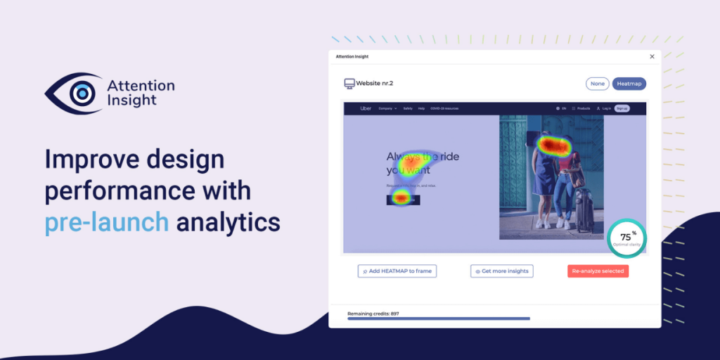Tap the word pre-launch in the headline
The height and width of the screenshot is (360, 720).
click(x=107, y=222)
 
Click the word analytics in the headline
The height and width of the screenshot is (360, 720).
click(x=228, y=222)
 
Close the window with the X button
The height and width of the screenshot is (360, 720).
click(x=652, y=56)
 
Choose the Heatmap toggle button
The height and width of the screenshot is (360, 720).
click(x=629, y=84)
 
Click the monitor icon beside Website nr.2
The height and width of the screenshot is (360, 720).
click(x=349, y=84)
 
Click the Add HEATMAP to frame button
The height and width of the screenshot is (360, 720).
click(x=397, y=271)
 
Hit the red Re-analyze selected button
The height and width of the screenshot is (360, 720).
click(x=598, y=271)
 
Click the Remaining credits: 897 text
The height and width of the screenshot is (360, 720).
click(x=373, y=313)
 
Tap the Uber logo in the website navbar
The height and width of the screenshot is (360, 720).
click(x=366, y=108)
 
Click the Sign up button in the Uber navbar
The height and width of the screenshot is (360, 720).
click(x=622, y=108)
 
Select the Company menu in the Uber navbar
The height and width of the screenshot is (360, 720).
click(x=387, y=108)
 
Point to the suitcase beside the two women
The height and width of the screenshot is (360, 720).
click(x=584, y=208)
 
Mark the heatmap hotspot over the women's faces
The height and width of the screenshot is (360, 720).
click(x=555, y=146)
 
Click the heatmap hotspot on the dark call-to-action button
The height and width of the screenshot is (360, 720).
click(x=401, y=198)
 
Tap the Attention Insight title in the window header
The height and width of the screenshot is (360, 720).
click(x=352, y=56)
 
